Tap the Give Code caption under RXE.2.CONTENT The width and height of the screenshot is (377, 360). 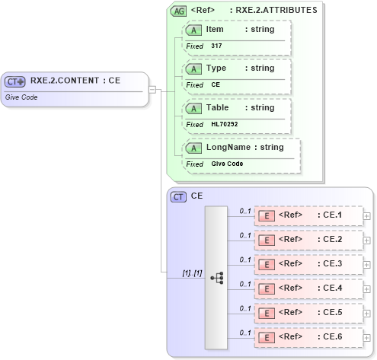21,97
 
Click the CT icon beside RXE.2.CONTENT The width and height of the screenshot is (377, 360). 15,81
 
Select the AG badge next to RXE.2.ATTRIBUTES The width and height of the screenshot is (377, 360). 178,11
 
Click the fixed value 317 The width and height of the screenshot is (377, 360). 216,46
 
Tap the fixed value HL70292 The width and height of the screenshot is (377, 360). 224,124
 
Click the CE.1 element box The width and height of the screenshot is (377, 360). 308,215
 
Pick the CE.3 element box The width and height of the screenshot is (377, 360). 308,264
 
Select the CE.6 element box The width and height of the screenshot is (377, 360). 308,336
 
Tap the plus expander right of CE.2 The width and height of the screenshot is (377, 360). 367,240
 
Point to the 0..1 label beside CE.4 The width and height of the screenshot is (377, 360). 245,283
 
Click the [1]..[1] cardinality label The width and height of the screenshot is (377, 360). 192,272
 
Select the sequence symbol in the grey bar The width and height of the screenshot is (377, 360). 217,278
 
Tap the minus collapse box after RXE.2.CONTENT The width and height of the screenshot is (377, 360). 152,88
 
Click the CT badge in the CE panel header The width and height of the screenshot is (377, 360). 178,196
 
